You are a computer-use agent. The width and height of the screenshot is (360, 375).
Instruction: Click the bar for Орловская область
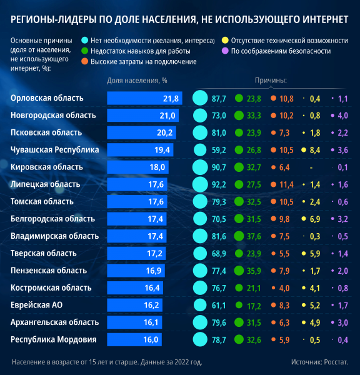(x=144, y=98)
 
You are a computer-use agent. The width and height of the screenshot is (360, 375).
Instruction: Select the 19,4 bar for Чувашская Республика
(x=140, y=150)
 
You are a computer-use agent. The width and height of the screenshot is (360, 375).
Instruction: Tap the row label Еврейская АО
(x=36, y=305)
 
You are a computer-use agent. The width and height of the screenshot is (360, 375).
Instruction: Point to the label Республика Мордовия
(x=54, y=339)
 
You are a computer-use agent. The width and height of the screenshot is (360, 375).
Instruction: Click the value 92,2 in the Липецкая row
(x=219, y=184)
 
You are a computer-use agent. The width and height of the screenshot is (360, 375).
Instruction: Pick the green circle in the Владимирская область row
(x=238, y=236)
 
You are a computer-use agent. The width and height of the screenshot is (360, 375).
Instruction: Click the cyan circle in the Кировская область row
(x=199, y=167)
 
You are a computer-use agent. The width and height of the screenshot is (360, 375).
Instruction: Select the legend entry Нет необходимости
(x=152, y=41)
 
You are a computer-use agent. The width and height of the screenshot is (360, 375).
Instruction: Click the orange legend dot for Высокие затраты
(x=84, y=62)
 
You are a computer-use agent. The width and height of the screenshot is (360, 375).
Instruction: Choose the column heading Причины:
(x=270, y=81)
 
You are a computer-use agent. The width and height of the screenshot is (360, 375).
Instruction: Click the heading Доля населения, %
(x=137, y=81)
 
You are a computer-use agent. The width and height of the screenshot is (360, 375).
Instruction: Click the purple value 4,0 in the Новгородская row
(x=343, y=116)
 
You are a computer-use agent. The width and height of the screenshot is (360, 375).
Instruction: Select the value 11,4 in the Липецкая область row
(x=286, y=184)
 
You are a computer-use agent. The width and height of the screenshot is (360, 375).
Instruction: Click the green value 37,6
(x=254, y=236)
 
